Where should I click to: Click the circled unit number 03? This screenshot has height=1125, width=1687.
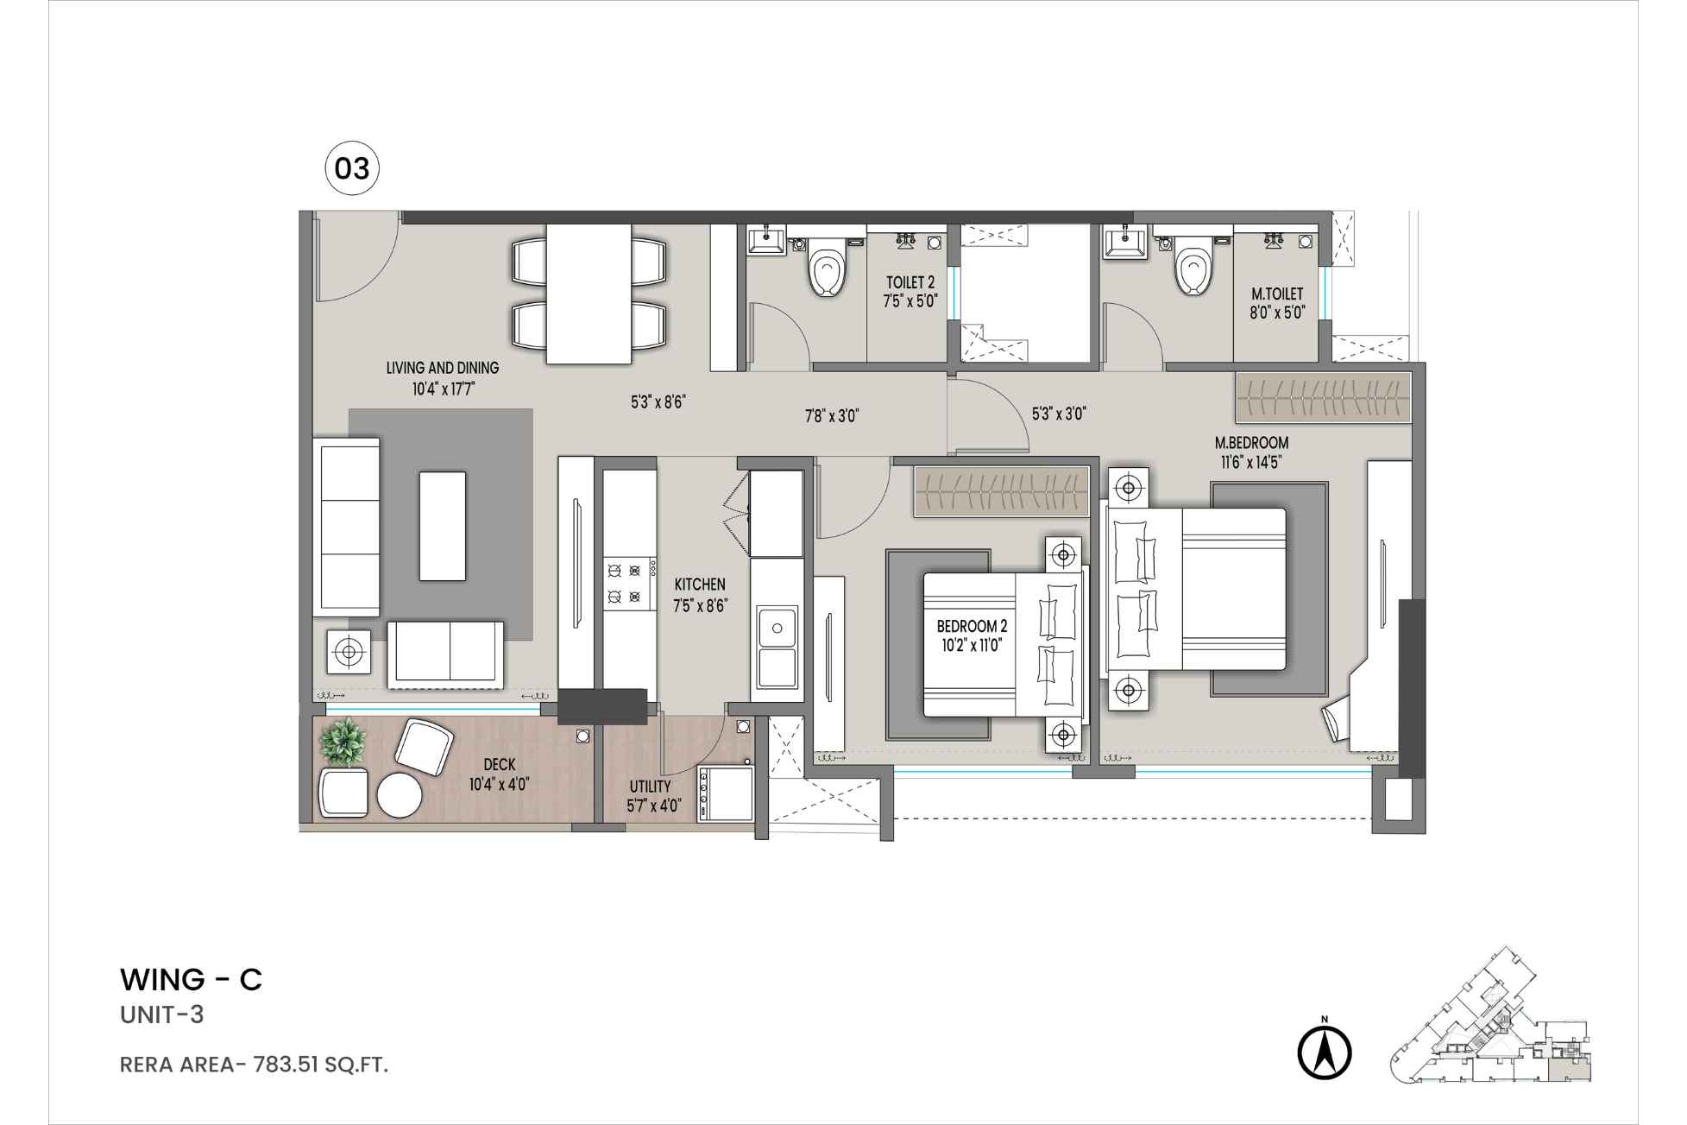tap(352, 168)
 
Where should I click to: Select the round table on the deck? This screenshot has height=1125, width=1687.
tap(400, 794)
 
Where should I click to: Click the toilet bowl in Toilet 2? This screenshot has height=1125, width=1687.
tap(826, 272)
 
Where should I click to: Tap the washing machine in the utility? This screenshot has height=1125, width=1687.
tap(724, 794)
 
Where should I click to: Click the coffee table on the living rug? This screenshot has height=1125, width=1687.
tap(442, 526)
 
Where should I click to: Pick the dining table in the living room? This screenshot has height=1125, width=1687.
tap(589, 294)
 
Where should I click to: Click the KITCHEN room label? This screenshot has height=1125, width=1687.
tap(700, 585)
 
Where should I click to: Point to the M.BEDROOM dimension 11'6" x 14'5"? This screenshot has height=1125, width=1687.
tap(1250, 462)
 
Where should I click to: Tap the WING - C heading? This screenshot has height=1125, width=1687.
tap(191, 980)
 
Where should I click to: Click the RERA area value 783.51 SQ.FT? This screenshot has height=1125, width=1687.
tap(320, 1065)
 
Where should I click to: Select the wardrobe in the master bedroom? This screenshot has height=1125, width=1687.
tap(1323, 397)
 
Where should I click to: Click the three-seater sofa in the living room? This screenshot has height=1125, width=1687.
tap(349, 526)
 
